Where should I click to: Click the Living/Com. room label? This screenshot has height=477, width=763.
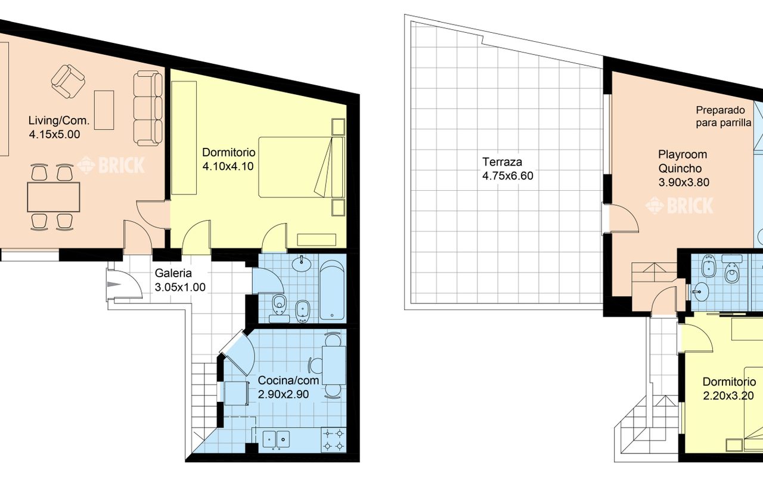pos(59,120)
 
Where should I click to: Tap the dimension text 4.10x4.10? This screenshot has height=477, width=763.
pos(228,166)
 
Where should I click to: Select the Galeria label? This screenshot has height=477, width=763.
pos(173,273)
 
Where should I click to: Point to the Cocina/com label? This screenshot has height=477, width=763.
pos(288,380)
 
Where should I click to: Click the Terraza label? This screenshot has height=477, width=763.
pos(502,162)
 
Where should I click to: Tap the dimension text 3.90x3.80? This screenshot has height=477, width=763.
pos(684,182)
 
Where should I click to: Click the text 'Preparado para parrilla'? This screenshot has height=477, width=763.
pos(724,116)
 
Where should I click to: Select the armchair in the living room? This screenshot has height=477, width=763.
pos(68,82)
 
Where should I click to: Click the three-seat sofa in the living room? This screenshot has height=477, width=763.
pos(148,109)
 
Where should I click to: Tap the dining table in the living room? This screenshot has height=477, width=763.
pos(54,197)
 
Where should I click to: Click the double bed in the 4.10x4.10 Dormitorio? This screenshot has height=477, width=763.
pos(302,167)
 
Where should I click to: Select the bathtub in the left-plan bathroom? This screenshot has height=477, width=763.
pos(332,290)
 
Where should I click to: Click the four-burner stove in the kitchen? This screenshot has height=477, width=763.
pos(334,439)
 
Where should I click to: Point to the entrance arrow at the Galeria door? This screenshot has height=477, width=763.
pos(114,284)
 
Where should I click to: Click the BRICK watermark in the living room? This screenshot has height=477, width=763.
pos(111,165)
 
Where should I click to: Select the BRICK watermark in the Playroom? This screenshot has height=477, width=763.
pos(679,206)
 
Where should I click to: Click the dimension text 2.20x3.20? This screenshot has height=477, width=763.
pos(728,395)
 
